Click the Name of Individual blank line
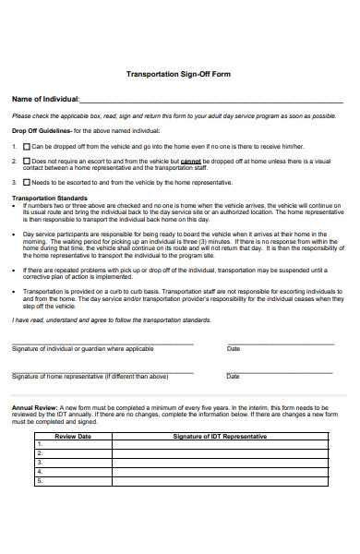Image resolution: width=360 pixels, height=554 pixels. (211, 101)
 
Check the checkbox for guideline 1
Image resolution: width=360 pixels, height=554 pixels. (25, 146)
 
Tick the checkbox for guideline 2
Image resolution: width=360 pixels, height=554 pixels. (25, 160)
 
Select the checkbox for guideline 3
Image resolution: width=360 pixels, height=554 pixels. (25, 182)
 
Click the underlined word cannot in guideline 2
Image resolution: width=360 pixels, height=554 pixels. (191, 160)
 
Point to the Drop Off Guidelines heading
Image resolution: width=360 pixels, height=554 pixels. (41, 131)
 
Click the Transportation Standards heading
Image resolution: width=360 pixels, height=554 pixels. (50, 197)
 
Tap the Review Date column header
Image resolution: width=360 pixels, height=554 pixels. (73, 436)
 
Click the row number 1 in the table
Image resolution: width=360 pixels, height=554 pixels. (40, 445)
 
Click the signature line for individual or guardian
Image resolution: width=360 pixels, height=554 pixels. (102, 344)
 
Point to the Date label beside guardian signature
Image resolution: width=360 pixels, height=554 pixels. (234, 349)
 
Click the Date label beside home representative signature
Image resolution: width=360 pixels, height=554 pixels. (234, 377)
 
